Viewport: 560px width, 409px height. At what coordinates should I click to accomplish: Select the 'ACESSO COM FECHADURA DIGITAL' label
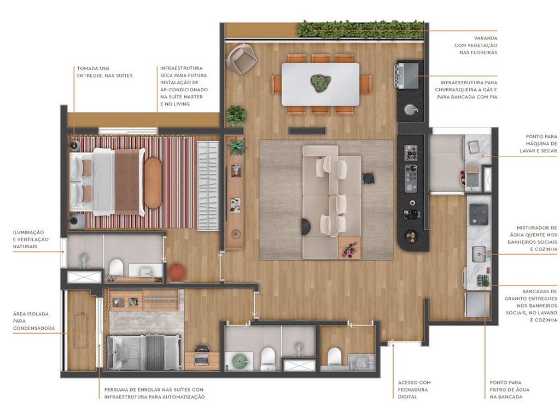(x=414, y=389)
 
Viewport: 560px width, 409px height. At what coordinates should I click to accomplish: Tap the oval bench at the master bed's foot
(x=153, y=183)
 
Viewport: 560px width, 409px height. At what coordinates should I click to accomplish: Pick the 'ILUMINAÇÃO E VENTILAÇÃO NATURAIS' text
(x=31, y=239)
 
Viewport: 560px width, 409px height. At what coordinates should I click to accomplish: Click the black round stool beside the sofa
(x=368, y=177)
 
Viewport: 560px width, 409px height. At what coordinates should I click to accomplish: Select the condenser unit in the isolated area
(x=81, y=331)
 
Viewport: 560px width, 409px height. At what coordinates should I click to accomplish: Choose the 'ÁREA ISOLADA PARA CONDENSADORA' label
(x=31, y=321)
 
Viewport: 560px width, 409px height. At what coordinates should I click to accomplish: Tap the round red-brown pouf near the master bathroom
(x=176, y=272)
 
